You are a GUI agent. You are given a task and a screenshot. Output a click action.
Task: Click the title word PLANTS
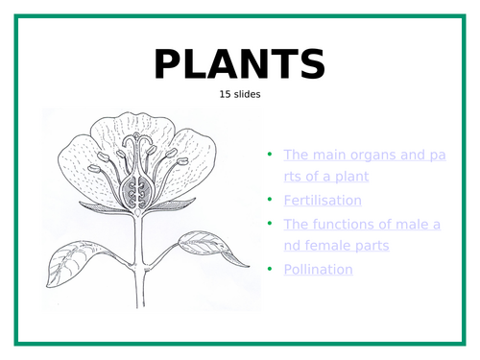239,64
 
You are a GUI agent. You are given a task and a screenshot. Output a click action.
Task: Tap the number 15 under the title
227,96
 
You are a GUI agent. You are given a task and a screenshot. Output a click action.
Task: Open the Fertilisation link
323,201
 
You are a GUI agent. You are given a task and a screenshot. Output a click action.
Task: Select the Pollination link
318,269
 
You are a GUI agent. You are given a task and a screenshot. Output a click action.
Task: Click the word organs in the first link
368,154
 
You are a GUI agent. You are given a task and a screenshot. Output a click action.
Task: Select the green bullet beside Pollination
271,269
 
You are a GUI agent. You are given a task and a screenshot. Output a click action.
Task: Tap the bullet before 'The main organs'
271,154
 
